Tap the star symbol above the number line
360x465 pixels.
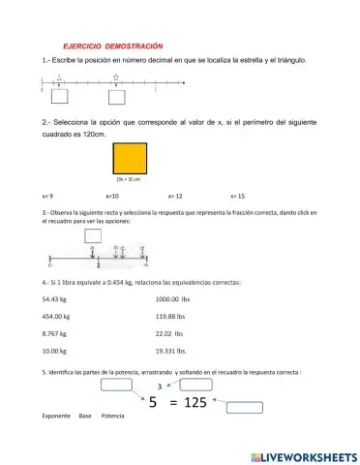coord(116,77)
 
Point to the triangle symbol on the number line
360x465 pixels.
coord(59,77)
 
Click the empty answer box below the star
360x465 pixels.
coord(117,97)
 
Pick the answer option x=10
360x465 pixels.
coord(112,196)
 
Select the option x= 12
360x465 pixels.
coord(175,196)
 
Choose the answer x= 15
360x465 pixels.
coord(238,196)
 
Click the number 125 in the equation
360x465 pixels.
coord(196,403)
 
